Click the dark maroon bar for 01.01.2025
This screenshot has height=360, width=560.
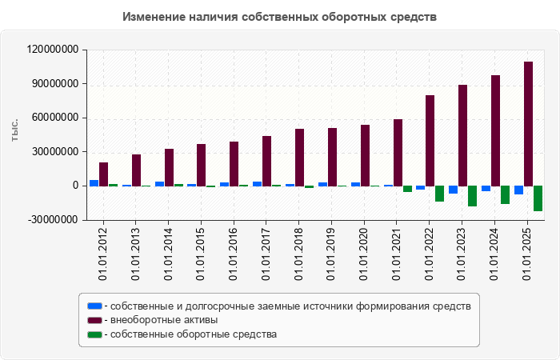click(528, 123)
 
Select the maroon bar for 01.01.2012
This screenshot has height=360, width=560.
click(103, 174)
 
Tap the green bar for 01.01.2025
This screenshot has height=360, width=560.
click(538, 198)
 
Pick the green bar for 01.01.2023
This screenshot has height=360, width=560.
click(472, 196)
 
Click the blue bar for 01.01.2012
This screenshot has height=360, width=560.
click(94, 183)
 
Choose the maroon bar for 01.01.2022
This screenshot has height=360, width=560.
click(430, 141)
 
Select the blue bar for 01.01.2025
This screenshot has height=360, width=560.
click(518, 190)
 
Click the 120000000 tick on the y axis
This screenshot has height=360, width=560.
click(53, 50)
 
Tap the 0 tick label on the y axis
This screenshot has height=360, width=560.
click(74, 186)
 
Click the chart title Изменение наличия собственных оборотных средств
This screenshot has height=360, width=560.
click(280, 17)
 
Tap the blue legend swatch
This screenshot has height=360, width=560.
click(94, 306)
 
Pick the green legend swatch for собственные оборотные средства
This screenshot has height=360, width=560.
click(94, 334)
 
